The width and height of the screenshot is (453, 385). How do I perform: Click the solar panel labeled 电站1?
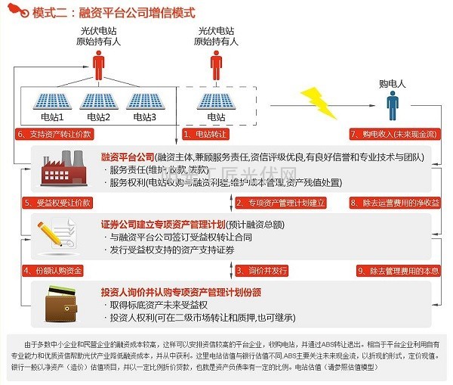pyautogui.click(x=52, y=101)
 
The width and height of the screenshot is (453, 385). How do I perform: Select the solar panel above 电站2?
pyautogui.click(x=98, y=101)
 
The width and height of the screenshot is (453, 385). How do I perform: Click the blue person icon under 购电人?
pyautogui.click(x=392, y=107)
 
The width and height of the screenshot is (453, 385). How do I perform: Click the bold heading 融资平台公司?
pyautogui.click(x=128, y=157)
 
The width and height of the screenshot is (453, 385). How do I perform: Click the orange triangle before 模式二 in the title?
pyautogui.click(x=14, y=14)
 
